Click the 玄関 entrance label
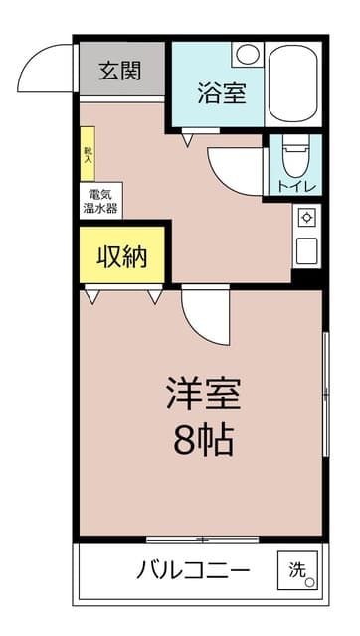119,71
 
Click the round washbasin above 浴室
247,54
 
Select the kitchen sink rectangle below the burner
306,250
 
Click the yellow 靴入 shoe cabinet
88,153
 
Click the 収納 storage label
122,257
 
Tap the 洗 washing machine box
299,570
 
